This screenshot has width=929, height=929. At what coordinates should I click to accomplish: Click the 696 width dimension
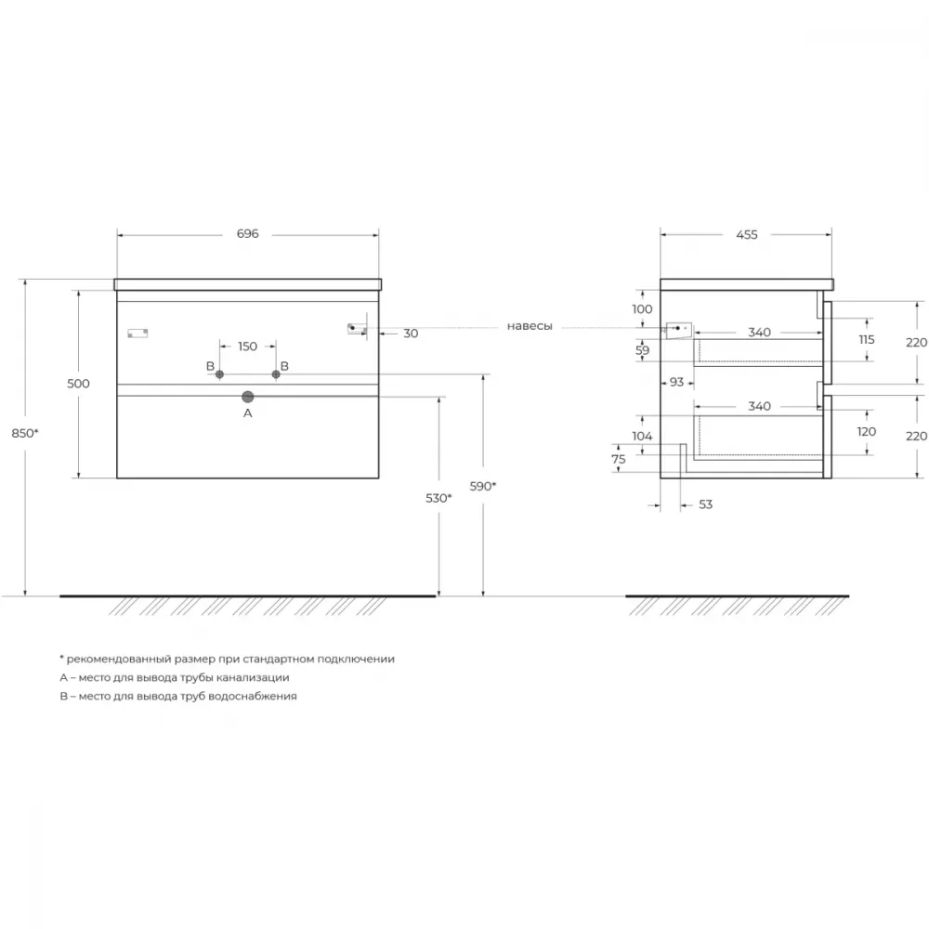coord(248,233)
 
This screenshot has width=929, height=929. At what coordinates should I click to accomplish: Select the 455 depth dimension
coord(747,235)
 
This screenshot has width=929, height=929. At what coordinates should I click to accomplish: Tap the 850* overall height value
coord(25,433)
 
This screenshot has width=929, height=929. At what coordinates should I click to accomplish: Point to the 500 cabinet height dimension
coord(78,384)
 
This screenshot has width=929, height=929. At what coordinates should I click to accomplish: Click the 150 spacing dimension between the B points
coord(248,346)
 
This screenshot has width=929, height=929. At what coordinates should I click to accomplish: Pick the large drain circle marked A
coord(248,397)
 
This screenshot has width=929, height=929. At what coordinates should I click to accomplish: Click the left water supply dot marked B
coord(220,374)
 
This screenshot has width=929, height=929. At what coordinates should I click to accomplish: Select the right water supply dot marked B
coord(276,374)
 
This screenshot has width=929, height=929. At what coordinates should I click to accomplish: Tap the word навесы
coord(530,326)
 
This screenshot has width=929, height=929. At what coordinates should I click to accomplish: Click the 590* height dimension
coord(483,487)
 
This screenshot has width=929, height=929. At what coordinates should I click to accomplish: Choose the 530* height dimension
coord(438,498)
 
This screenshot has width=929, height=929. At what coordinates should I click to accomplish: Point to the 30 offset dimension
coord(411,334)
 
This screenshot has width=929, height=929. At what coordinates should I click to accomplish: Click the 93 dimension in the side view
coord(676,382)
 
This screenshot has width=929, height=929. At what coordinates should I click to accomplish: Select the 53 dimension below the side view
coord(706,504)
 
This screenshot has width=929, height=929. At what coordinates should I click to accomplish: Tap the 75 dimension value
coord(619,459)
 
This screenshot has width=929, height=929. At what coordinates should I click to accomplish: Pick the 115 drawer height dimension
coord(866,339)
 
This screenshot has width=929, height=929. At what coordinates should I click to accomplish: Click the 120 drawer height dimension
coord(866,431)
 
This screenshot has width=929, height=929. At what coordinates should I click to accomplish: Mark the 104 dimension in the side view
coord(642,436)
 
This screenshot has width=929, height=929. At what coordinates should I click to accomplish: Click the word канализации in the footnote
coord(253,677)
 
